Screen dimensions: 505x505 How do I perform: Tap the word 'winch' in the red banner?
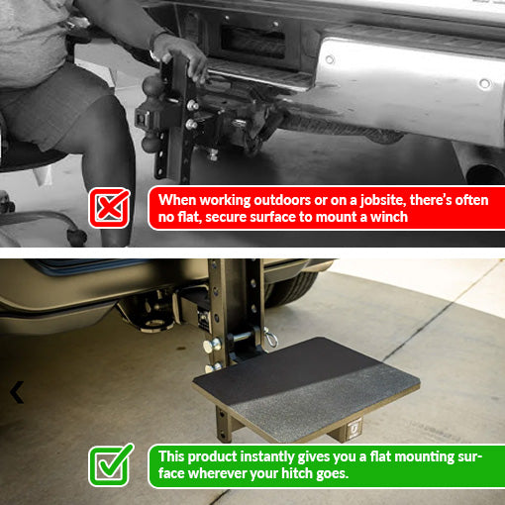click(x=386, y=217)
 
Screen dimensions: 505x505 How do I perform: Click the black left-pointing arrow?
click(x=16, y=393)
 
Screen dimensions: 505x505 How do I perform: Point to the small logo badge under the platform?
click(x=353, y=429)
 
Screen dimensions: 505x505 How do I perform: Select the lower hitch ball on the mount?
click(x=151, y=144)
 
